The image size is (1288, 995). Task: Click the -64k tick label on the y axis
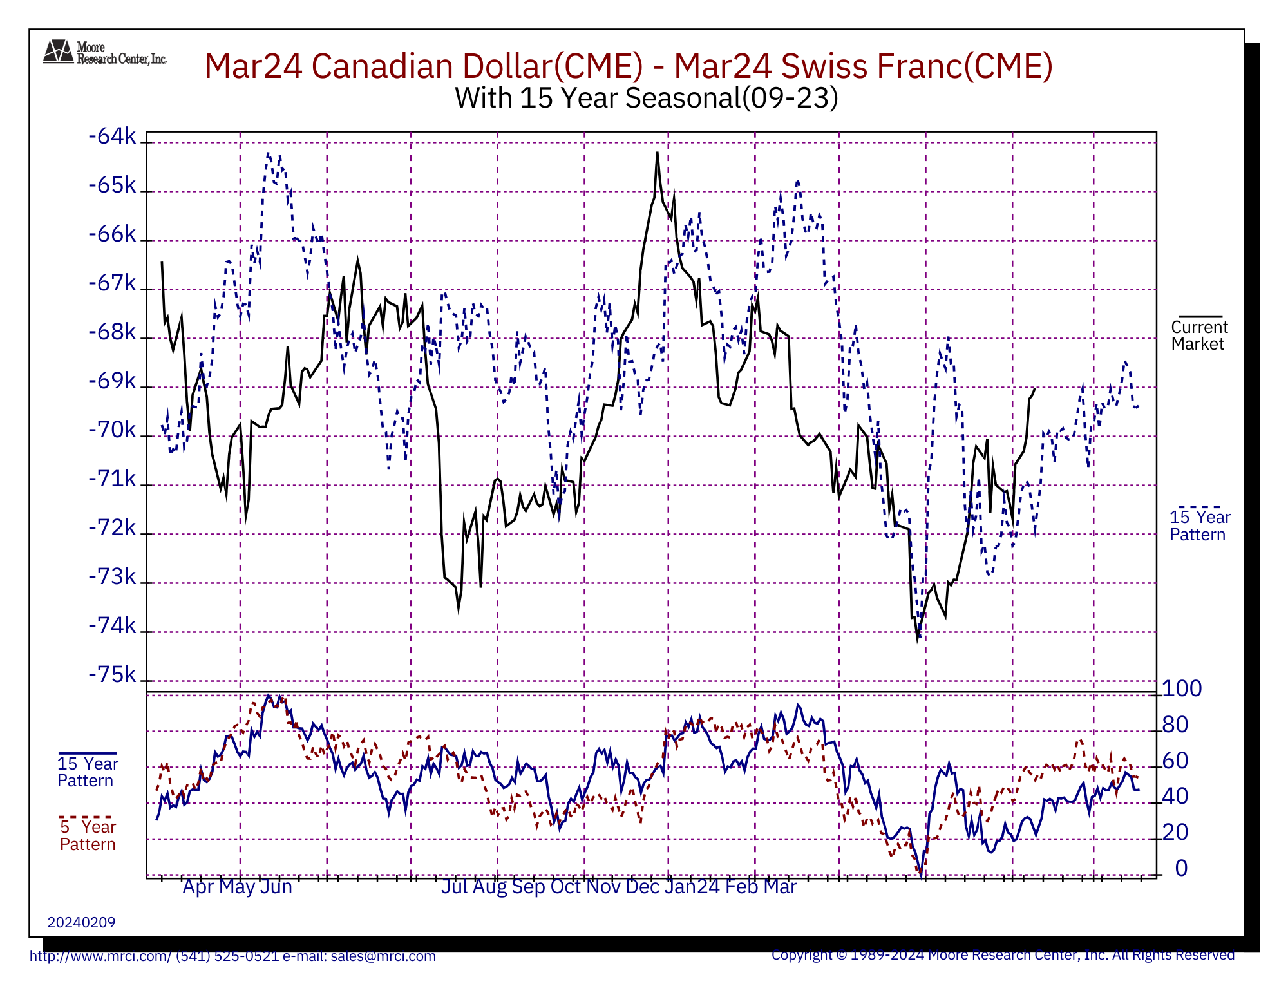pos(113,137)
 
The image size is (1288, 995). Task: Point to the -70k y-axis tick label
pos(113,430)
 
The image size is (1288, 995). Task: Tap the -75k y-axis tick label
pos(113,675)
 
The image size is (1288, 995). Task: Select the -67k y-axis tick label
pos(113,283)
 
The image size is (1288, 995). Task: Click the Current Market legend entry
pos(1199,335)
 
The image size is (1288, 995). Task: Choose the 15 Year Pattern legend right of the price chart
pos(1199,526)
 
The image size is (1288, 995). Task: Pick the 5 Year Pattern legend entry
pos(88,835)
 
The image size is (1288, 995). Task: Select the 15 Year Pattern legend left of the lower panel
pos(88,772)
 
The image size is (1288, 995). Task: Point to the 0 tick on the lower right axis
pos(1181,868)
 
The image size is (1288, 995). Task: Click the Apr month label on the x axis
pos(198,887)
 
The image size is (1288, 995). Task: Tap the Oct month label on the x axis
pos(565,887)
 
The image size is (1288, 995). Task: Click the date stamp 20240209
pos(81,922)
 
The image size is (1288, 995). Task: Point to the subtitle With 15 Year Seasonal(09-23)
pos(646,98)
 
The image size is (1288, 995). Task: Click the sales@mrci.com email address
pos(383,956)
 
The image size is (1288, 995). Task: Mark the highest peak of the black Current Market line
pos(657,153)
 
